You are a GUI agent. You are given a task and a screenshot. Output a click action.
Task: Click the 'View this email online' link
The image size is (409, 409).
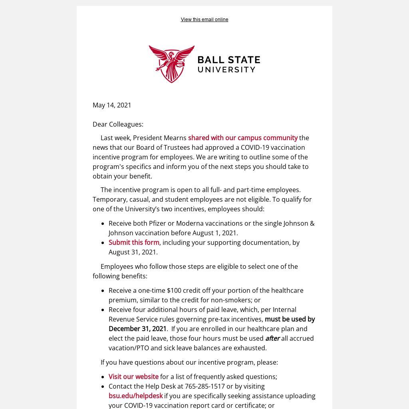204,20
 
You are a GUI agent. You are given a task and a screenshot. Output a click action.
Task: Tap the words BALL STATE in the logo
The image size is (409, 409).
229,60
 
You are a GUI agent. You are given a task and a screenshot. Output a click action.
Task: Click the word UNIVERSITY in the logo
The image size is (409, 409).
226,69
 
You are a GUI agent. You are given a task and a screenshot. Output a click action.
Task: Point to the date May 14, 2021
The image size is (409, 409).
112,105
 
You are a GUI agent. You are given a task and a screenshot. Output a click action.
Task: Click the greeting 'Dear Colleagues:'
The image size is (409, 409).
118,124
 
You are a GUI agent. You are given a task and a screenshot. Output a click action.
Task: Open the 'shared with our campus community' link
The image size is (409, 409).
242,138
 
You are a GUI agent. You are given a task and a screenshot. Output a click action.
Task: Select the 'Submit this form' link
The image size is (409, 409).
134,242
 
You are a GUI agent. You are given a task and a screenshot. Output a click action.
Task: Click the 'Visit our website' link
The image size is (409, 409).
133,377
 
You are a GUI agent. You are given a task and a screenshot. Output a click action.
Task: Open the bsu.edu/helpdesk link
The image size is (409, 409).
135,396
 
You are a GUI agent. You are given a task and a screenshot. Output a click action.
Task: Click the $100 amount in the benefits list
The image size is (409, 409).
174,290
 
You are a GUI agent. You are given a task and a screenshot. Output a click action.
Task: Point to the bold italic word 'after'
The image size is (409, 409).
272,338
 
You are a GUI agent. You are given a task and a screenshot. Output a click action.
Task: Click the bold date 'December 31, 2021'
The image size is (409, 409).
137,329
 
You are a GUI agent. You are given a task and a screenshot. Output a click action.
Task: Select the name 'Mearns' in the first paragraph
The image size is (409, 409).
175,138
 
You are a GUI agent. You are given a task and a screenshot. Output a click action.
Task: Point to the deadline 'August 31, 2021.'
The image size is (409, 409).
133,252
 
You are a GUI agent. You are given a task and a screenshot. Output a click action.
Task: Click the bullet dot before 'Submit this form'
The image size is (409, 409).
103,243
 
